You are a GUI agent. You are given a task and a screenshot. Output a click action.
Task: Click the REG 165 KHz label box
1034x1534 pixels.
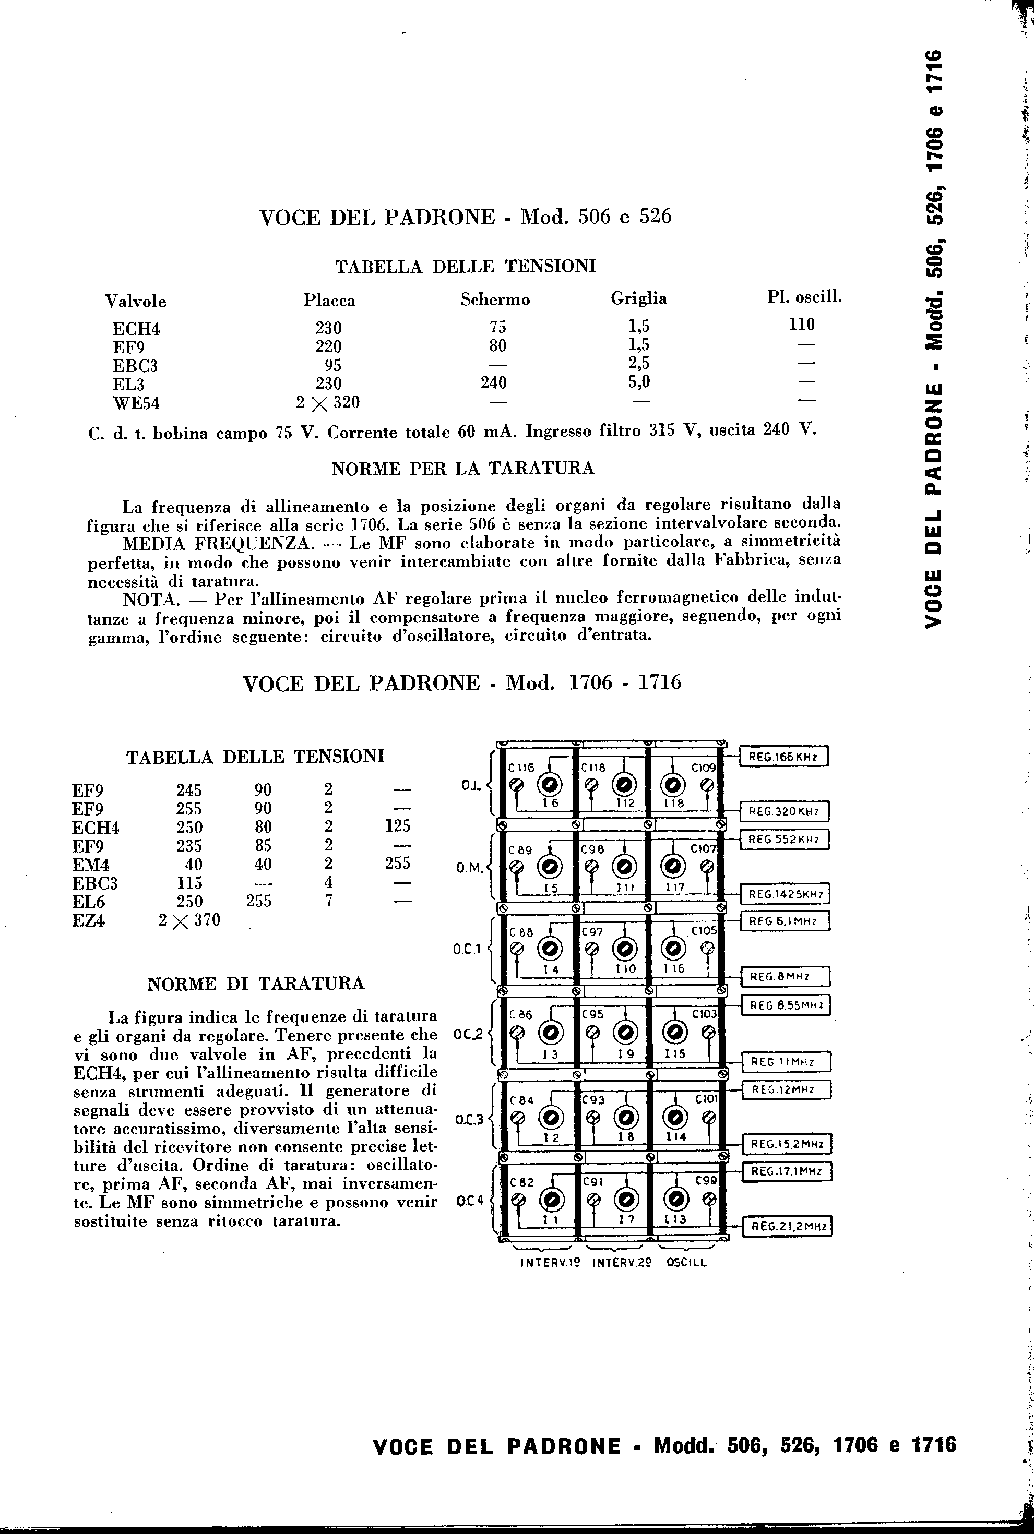(x=783, y=758)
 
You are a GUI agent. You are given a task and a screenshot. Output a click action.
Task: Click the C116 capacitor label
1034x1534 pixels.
(x=520, y=768)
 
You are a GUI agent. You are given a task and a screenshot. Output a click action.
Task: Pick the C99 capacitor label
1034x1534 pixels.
(x=706, y=1181)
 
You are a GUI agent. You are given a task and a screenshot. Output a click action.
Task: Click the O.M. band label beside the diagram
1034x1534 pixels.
(x=470, y=869)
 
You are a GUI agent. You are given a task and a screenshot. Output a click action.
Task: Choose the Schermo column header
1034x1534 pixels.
(x=495, y=300)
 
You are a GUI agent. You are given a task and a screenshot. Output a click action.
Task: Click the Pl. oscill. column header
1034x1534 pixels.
(x=804, y=297)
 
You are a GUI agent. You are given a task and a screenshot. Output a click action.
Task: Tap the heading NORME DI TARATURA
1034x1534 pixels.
(x=255, y=984)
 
